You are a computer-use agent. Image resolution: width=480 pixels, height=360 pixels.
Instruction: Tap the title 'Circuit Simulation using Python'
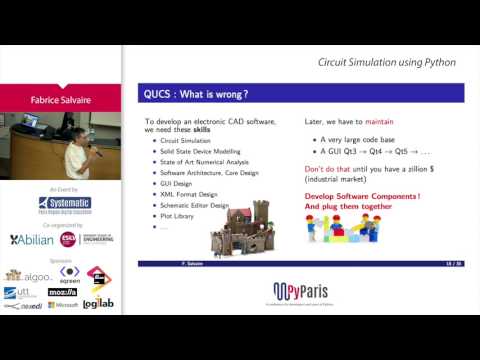386,62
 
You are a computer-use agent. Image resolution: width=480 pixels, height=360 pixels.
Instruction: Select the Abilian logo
33,240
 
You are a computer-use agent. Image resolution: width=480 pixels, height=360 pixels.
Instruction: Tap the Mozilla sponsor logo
63,292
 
